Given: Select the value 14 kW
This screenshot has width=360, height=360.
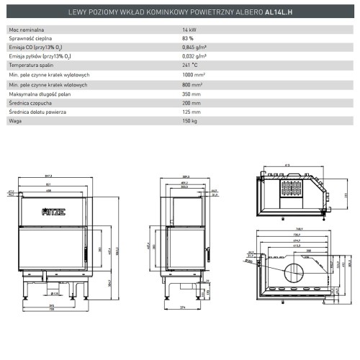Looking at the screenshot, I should (x=190, y=28).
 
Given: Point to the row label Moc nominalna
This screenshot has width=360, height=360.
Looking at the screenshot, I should (x=25, y=28).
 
